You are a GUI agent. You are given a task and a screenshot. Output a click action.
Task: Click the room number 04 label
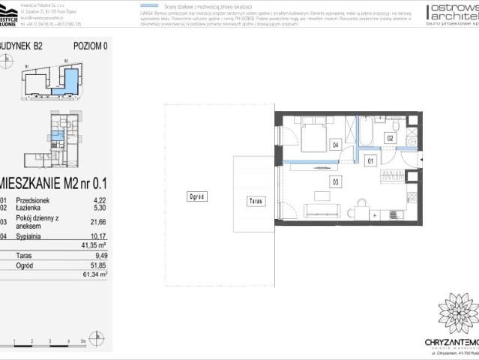(335, 145)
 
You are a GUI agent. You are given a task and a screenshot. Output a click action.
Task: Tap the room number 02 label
(390, 138)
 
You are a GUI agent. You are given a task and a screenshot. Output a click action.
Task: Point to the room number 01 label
(370, 160)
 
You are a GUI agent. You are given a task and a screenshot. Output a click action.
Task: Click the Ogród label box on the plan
(197, 196)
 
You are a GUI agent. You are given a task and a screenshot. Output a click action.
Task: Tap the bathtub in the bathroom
(367, 133)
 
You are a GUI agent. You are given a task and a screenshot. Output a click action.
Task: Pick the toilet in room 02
(412, 138)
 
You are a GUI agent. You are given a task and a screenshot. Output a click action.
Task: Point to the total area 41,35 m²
(95, 245)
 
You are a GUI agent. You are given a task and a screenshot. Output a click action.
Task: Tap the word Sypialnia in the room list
(31, 235)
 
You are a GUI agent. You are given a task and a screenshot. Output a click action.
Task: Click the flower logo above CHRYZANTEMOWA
(458, 313)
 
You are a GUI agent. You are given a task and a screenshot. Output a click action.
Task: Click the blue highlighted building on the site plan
(70, 79)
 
